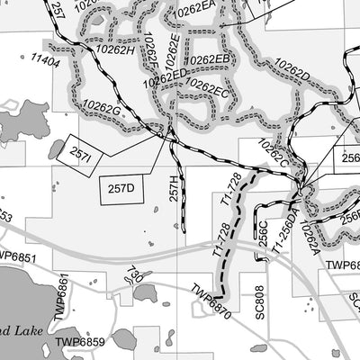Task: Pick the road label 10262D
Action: pos(292,73)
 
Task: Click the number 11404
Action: pos(45,62)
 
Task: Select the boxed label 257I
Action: pos(80,154)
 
